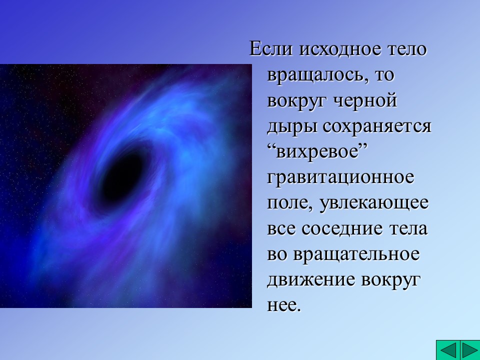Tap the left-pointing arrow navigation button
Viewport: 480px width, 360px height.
[x=447, y=349]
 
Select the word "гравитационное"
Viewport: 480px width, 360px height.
[x=341, y=177]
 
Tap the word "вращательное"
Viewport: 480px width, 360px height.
[x=356, y=254]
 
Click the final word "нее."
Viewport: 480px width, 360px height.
[x=284, y=305]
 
